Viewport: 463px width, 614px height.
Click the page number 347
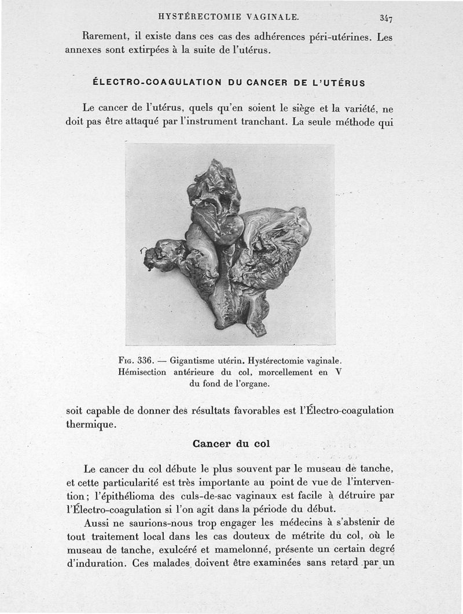click(x=386, y=18)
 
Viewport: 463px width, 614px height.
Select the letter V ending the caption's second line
click(x=340, y=372)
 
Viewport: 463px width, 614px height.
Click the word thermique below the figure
click(x=90, y=424)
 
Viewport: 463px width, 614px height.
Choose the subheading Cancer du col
click(x=231, y=444)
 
